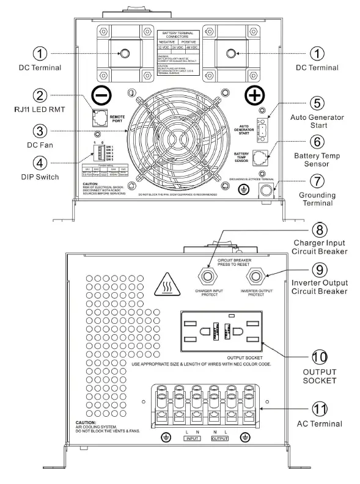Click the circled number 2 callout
click(x=40, y=96)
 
